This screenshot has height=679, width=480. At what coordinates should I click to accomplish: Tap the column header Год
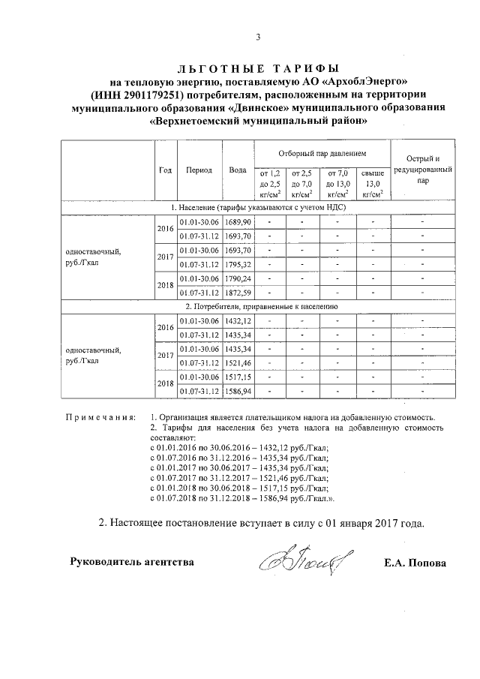165,170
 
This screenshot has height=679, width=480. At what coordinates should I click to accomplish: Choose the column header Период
199,170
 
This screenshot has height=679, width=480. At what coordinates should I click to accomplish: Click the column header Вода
238,170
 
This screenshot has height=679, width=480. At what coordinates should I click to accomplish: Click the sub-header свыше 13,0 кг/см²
372,183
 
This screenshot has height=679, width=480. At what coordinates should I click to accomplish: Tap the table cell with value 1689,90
238,223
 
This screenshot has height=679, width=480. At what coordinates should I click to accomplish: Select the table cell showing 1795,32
238,264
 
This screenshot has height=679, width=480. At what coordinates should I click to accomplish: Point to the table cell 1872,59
238,292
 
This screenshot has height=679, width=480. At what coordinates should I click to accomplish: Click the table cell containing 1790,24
238,278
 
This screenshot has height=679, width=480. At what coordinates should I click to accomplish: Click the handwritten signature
298,559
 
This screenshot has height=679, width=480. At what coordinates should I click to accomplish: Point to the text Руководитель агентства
131,562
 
